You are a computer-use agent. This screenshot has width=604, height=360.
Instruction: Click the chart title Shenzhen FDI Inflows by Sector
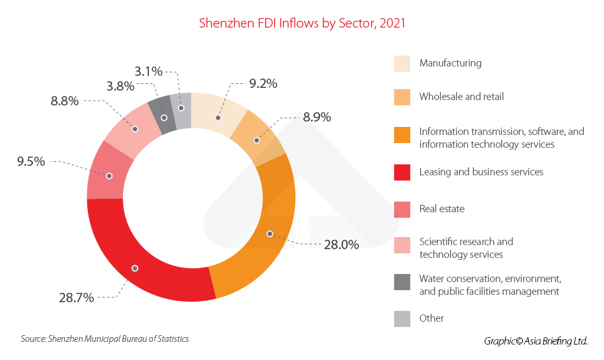pos(302,23)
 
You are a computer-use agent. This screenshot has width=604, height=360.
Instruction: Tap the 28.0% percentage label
pos(341,245)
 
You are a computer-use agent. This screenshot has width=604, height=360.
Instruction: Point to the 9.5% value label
pos(31,161)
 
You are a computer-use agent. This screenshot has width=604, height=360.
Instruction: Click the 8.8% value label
pos(64,101)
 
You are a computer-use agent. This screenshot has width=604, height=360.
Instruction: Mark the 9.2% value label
pos(263,84)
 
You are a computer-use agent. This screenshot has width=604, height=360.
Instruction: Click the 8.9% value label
pos(317,117)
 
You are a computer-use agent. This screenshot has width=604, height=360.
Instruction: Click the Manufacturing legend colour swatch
pos(402,64)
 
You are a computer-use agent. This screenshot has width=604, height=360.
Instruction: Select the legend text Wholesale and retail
pos(461,97)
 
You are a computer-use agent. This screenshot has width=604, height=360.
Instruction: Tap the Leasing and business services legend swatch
pos(402,173)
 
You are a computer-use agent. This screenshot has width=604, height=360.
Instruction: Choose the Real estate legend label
pos(442,209)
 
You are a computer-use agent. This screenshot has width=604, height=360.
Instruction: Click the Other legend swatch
pos(402,318)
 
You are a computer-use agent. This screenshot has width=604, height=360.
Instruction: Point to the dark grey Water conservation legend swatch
pos(402,282)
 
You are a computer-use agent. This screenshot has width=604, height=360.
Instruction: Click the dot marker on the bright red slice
pos(135,268)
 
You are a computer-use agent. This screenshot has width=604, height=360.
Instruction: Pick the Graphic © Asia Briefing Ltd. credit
pos(536,341)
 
